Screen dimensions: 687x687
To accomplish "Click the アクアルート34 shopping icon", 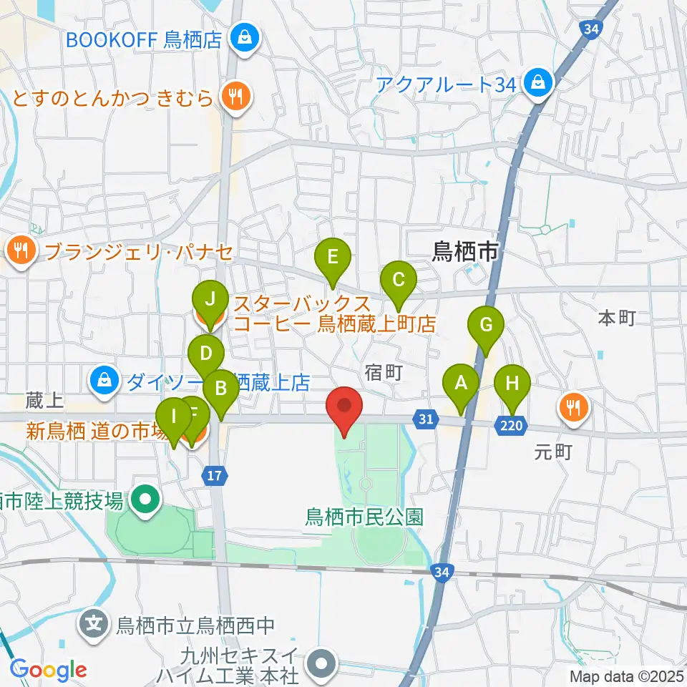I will point(537,84).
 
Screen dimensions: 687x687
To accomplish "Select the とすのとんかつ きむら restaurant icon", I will point(234,96).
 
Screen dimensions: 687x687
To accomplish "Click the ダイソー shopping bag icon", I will point(105,380).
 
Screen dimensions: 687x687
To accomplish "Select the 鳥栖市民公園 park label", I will point(365,515).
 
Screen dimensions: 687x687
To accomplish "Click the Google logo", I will point(49,670).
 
